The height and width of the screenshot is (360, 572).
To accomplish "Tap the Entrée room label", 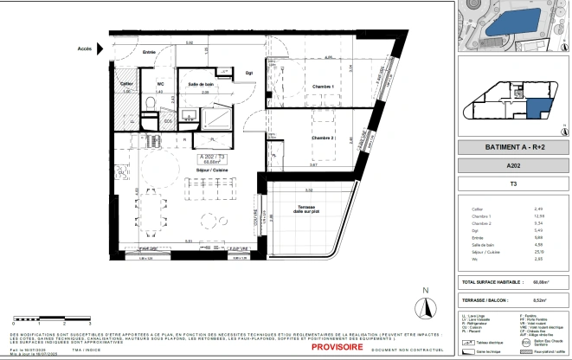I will click(x=149, y=53).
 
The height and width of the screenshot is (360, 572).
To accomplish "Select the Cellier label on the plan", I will click(x=126, y=83).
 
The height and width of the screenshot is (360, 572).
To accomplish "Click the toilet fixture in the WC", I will click(x=151, y=103).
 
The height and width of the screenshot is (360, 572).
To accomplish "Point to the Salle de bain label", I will click(x=201, y=83).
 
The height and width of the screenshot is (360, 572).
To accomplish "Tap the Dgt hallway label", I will click(x=249, y=73).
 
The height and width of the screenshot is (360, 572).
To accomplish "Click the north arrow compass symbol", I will click(x=425, y=305).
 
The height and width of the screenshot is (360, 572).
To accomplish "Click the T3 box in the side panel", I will click(x=512, y=183).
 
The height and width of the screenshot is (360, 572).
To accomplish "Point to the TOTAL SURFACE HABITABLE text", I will click(x=492, y=282).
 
